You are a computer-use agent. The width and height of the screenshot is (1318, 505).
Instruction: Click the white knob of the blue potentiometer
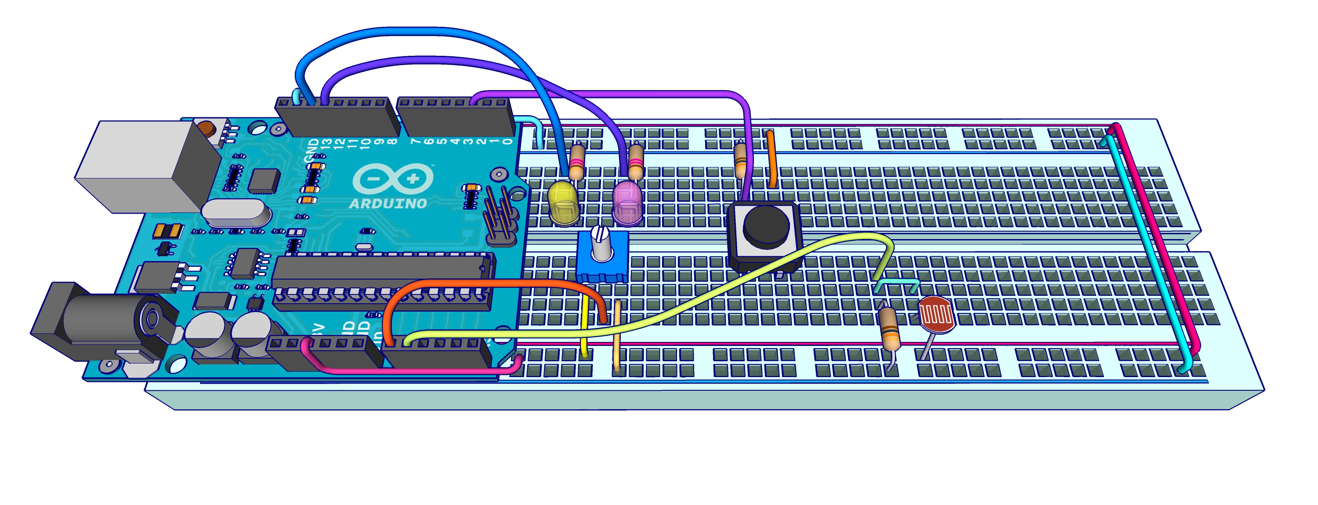click(x=601, y=243)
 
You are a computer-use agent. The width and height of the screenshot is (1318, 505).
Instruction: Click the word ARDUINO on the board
click(x=388, y=203)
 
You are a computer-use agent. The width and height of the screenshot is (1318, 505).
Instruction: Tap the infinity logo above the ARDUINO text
click(x=393, y=178)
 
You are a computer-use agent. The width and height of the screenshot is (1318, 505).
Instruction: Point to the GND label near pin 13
click(x=311, y=149)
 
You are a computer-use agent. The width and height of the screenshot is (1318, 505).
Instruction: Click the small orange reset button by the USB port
click(x=206, y=127)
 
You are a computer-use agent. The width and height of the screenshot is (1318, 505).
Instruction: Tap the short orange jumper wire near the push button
click(x=771, y=159)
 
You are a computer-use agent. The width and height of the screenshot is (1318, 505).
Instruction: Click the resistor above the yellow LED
click(x=576, y=161)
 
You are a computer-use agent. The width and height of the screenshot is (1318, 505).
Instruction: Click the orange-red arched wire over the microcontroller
click(x=491, y=283)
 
